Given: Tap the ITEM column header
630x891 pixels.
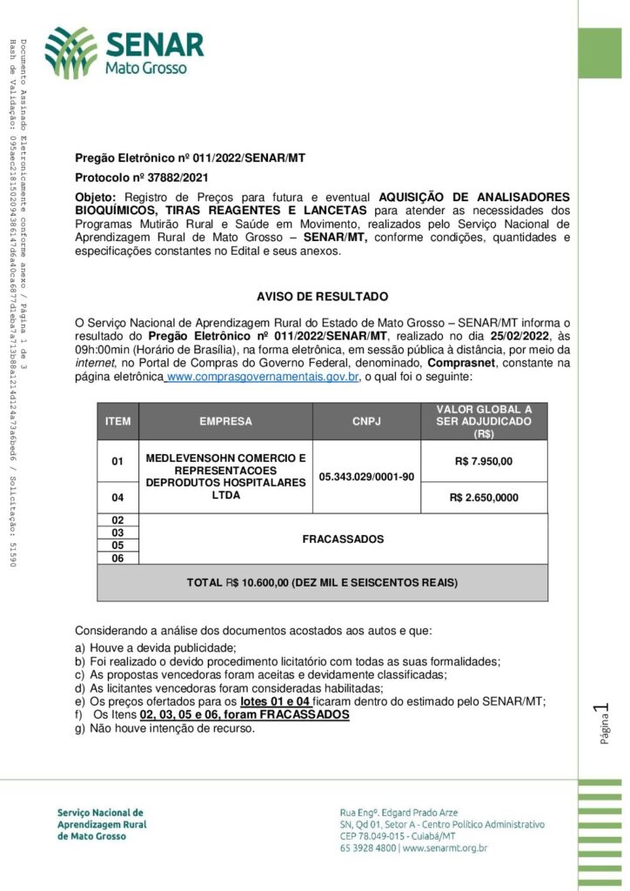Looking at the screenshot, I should point(117,422).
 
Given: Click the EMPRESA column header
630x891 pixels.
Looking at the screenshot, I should point(225,422).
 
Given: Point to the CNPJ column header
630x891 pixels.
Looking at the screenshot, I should point(365,422).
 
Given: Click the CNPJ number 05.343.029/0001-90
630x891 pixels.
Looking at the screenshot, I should point(366,477).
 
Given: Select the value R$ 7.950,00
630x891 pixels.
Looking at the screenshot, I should point(484,461).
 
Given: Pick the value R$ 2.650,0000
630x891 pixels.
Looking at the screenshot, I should point(484,498).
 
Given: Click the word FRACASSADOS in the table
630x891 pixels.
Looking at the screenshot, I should point(343,539).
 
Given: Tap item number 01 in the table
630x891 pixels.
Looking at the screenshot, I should point(117,461).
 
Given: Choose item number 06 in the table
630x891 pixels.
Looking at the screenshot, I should point(117,559).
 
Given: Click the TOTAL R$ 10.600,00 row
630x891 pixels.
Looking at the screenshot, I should point(322,583).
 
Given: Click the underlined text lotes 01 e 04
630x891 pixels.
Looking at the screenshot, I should point(275,701).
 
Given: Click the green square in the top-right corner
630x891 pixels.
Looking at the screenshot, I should point(600,53).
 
